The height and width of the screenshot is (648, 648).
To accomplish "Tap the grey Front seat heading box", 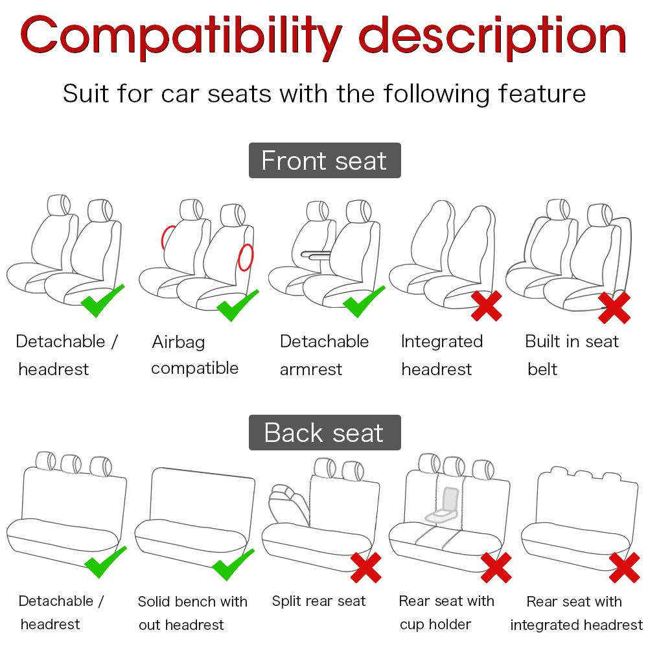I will coord(325,161).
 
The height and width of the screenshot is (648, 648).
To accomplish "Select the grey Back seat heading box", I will coord(325,433).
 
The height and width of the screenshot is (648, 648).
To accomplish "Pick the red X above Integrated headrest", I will coord(486,305).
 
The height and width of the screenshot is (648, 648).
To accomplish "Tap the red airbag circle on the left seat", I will coord(168,237).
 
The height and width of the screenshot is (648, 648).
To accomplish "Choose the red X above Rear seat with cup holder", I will coord(496,568).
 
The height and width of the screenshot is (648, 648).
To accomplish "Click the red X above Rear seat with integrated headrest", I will coord(624,568).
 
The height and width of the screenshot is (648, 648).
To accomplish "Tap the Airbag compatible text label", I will coord(194,355).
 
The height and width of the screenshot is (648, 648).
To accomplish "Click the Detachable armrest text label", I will coord(323,355).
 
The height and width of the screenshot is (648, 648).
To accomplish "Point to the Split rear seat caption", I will coord(319,601).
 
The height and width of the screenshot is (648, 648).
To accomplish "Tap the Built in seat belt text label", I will coord(572,355).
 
